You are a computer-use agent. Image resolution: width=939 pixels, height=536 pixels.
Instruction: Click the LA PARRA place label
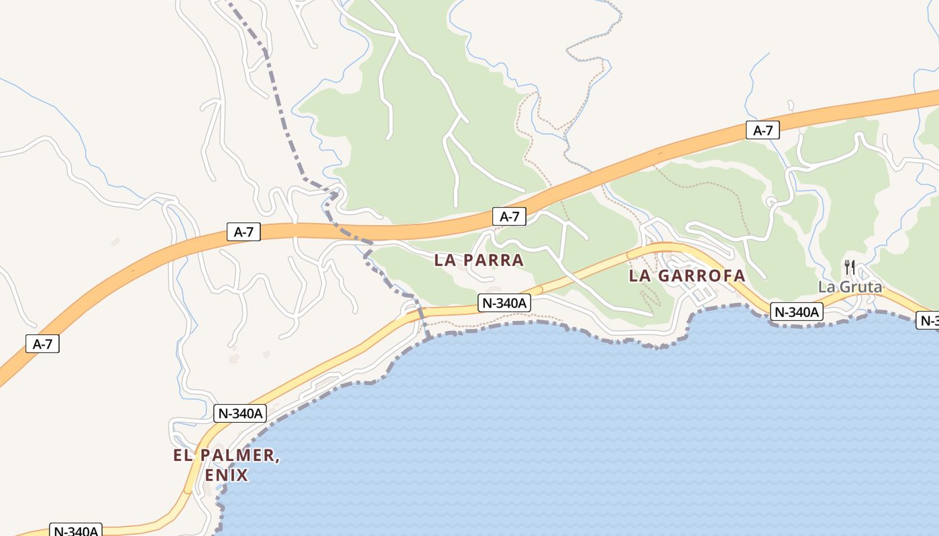(x=478, y=260)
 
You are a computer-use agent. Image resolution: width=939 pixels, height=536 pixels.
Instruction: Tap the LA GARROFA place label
(x=687, y=275)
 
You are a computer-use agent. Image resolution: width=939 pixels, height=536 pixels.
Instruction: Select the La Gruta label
(x=850, y=287)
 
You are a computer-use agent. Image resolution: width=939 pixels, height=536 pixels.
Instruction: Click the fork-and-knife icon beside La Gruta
(x=849, y=267)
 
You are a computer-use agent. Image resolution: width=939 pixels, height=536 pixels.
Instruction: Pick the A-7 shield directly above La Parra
(x=509, y=216)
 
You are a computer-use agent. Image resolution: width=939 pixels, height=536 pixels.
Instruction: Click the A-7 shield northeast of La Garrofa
(x=763, y=130)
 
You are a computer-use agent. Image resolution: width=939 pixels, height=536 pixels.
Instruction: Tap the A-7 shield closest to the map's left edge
(x=42, y=344)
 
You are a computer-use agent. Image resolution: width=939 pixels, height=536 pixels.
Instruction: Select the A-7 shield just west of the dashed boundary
(x=243, y=232)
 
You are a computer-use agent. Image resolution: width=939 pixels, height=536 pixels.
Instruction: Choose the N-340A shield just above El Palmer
(x=240, y=413)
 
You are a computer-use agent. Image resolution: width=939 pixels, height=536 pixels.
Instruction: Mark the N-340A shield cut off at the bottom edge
(x=76, y=531)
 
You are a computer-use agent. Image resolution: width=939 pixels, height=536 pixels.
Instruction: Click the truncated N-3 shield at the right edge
(x=928, y=320)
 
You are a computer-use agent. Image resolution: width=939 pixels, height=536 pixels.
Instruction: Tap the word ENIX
(x=227, y=476)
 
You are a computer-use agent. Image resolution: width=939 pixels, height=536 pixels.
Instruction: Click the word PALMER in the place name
(x=238, y=456)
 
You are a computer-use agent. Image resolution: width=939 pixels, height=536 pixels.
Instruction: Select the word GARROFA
(x=701, y=275)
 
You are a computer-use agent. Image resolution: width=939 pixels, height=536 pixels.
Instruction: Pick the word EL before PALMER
(x=183, y=456)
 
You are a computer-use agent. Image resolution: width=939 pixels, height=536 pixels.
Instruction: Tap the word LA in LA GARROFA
(x=639, y=275)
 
